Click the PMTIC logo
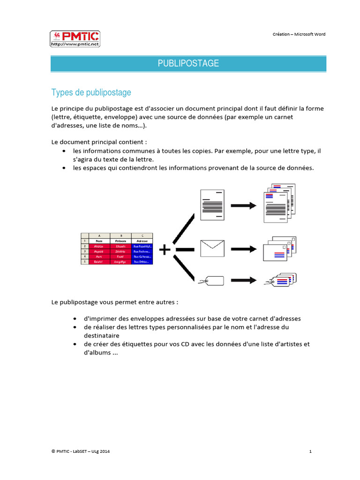[x=75, y=39]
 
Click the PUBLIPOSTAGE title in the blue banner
[x=188, y=63]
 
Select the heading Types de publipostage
[x=91, y=92]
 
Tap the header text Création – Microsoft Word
[x=299, y=34]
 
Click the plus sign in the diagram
[x=165, y=250]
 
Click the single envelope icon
[x=212, y=248]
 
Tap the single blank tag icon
[x=211, y=281]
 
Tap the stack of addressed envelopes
[x=279, y=248]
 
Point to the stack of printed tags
[x=280, y=280]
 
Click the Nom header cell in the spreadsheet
[x=99, y=240]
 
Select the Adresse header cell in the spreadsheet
[x=142, y=240]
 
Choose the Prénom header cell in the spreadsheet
[x=120, y=240]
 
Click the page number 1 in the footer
[x=311, y=451]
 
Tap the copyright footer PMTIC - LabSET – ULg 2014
[x=81, y=451]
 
